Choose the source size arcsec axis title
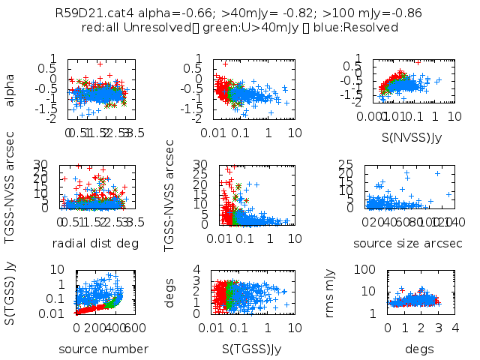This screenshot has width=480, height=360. point(408,243)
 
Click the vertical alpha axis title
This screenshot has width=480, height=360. point(10,88)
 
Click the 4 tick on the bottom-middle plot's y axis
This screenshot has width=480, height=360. point(199,269)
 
